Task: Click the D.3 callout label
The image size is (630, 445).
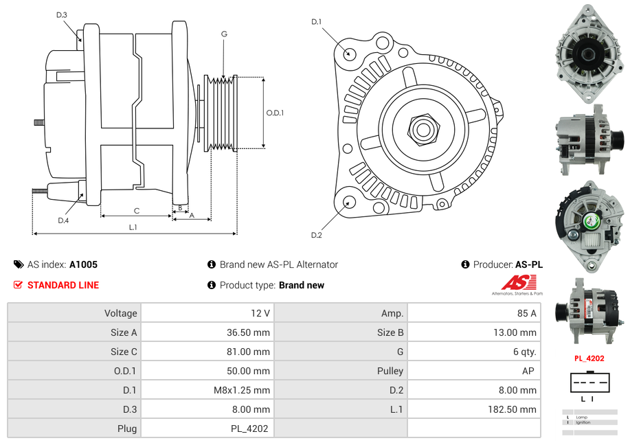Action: pos(62,14)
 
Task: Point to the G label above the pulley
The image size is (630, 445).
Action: pos(224,34)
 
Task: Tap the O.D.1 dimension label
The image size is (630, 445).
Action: pos(275,113)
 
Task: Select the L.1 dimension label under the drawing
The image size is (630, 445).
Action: pos(133,227)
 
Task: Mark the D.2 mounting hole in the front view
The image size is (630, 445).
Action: pos(349,202)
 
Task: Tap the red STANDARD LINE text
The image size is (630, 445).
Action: pos(63,285)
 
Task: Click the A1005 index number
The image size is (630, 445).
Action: pos(83,264)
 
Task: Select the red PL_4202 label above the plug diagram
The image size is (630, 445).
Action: pos(589,358)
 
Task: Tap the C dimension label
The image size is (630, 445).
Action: pos(137,210)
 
